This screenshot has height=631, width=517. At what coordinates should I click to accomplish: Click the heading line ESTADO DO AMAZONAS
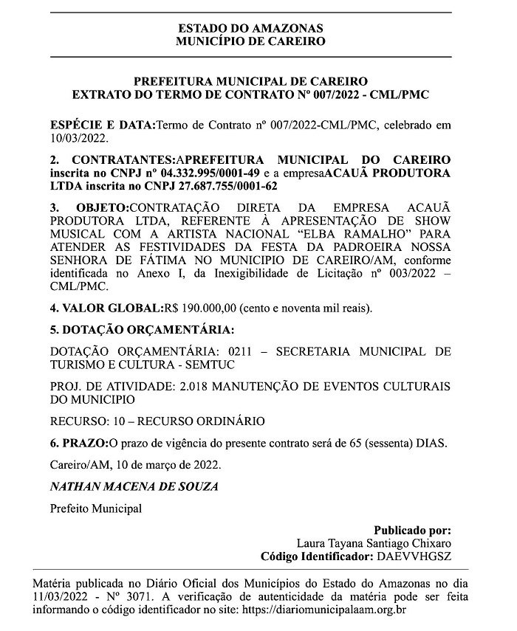tap(250, 28)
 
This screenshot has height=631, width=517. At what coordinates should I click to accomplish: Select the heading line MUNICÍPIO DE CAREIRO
tap(250, 41)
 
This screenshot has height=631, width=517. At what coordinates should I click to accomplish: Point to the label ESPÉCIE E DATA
tap(101, 125)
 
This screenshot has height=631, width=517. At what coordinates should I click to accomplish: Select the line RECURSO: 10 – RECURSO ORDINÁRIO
tap(157, 421)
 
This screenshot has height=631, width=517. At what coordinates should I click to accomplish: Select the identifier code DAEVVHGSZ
tap(415, 556)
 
